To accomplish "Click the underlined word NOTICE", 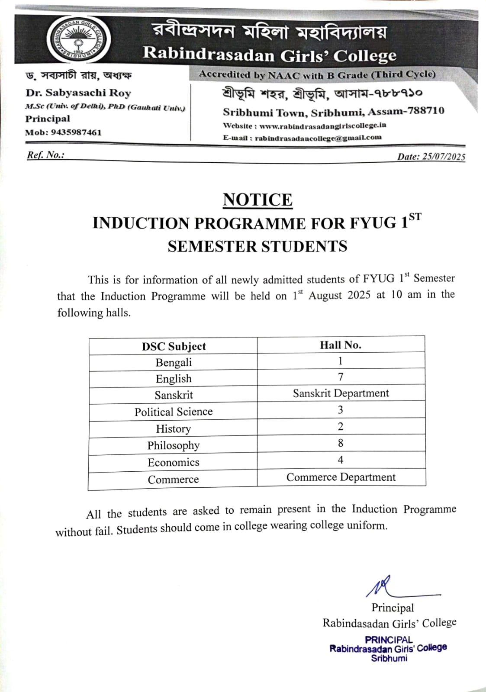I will pyautogui.click(x=257, y=200).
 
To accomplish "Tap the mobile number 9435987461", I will pyautogui.click(x=76, y=132).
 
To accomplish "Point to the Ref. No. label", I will pyautogui.click(x=45, y=155).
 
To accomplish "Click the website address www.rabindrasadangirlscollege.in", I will pyautogui.click(x=322, y=126).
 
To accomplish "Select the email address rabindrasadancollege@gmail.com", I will pyautogui.click(x=318, y=138).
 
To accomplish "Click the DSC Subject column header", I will pyautogui.click(x=174, y=346).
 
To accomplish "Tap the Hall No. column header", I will pyautogui.click(x=341, y=345).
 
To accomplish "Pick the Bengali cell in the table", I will pyautogui.click(x=174, y=362).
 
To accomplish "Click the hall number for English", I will pyautogui.click(x=341, y=377).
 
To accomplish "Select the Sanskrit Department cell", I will pyautogui.click(x=341, y=393).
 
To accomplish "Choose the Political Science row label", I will pyautogui.click(x=174, y=412).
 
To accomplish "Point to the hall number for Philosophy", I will pyautogui.click(x=341, y=443).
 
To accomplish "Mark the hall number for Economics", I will pyautogui.click(x=341, y=460).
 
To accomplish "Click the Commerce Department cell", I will pyautogui.click(x=341, y=477).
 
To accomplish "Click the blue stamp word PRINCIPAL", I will pyautogui.click(x=389, y=640).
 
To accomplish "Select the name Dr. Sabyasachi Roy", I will pyautogui.click(x=78, y=93).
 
